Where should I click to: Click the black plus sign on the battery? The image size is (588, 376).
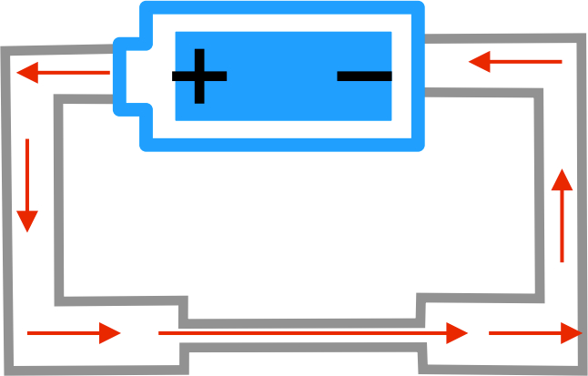pyautogui.click(x=199, y=76)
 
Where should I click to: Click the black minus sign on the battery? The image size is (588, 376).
pyautogui.click(x=364, y=76)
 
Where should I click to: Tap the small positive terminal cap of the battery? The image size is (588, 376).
pyautogui.click(x=128, y=76)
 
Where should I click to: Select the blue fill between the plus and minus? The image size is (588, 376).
pyautogui.click(x=282, y=76)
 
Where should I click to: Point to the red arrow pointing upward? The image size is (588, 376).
pyautogui.click(x=563, y=215)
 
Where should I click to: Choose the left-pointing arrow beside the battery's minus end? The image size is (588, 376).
pyautogui.click(x=515, y=62)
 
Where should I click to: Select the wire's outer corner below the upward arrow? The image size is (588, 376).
pyautogui.click(x=583, y=369)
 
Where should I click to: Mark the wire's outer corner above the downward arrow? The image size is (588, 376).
pyautogui.click(x=5, y=50)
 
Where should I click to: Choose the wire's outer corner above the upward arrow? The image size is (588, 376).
pyautogui.click(x=581, y=39)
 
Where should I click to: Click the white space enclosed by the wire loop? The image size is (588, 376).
pyautogui.click(x=300, y=228)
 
